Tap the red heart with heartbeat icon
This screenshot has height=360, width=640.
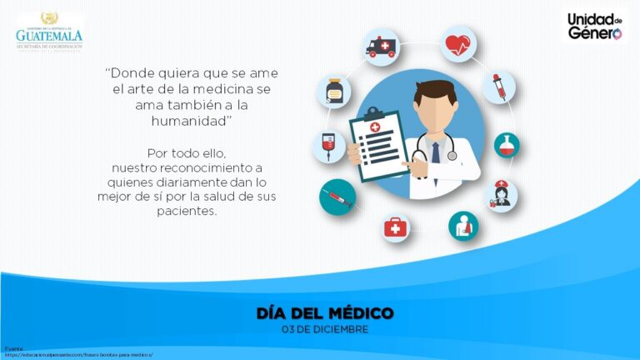[457, 43]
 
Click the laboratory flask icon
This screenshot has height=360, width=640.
[506, 146]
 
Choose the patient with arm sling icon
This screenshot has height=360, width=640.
[462, 226]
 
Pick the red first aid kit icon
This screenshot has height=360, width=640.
[396, 227]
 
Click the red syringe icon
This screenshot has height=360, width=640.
[337, 198]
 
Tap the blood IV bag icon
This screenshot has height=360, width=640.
[327, 146]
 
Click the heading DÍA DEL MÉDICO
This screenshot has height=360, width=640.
[325, 313]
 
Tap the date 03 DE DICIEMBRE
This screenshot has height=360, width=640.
[325, 328]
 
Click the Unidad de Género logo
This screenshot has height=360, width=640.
[595, 26]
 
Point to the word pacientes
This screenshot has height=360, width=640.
[187, 211]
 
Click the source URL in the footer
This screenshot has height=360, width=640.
[79, 354]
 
